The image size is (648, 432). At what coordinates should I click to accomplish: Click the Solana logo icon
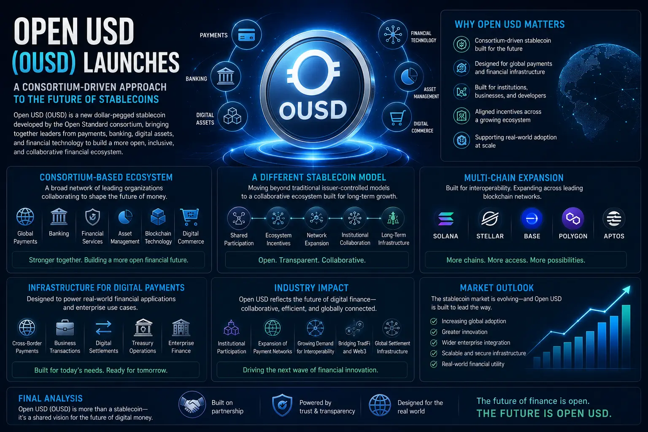coord(446,219)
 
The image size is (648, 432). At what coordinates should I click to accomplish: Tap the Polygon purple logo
coord(573,219)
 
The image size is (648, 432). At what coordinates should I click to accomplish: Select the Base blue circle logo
coord(532,219)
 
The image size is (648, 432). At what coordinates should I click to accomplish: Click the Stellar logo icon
coord(490,219)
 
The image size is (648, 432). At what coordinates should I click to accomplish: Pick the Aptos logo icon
coord(614,219)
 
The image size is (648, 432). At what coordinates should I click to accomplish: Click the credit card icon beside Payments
coord(246,35)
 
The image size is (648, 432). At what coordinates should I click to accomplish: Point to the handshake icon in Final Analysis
coord(192,405)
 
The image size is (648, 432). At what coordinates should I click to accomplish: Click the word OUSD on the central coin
coord(313,110)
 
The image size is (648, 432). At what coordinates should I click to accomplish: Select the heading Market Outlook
coord(497,288)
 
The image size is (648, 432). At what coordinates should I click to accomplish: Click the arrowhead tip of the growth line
coord(630,286)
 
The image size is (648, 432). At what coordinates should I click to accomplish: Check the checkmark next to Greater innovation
coord(434,332)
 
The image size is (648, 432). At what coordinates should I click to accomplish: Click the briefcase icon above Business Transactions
coord(65,328)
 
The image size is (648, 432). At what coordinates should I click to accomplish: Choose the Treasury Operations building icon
coord(143,327)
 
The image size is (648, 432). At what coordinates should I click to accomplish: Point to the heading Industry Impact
coord(311,288)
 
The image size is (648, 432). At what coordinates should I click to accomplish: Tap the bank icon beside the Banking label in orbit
coord(226,76)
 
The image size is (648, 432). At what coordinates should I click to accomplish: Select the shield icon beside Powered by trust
coord(282,405)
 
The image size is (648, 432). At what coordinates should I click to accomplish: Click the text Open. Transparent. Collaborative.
coord(312,260)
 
